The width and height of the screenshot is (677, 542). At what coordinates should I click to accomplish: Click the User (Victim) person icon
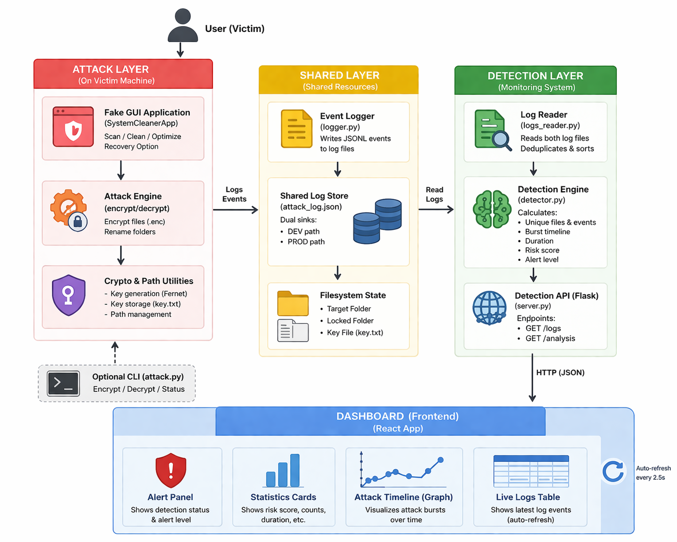pos(183,25)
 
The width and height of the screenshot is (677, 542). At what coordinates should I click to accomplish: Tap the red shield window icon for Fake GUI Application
pos(73,127)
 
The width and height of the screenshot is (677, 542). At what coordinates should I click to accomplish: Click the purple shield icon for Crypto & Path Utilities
pos(69,295)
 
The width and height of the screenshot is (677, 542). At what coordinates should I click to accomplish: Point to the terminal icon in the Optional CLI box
pos(63,384)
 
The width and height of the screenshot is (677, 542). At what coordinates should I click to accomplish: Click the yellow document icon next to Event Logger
pos(296,128)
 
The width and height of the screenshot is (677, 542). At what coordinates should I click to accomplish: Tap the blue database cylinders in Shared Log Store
pos(377,221)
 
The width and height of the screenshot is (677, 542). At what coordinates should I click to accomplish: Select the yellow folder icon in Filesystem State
pos(293,303)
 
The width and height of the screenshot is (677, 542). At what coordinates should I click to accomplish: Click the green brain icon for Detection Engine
pos(492,209)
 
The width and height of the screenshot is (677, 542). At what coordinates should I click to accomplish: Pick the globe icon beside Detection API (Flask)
pos(489,308)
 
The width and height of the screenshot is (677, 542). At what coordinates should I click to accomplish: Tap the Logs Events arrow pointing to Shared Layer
pos(235,210)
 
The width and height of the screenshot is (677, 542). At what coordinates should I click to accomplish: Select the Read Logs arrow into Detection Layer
pos(436,209)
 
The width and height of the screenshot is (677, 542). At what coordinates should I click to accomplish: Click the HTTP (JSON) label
pos(560,372)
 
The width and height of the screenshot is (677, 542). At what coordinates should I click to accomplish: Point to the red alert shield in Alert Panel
pos(170,470)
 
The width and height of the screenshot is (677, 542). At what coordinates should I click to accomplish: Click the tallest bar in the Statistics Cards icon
pos(295,470)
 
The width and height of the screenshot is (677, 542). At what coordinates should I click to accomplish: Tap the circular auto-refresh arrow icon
pos(613,471)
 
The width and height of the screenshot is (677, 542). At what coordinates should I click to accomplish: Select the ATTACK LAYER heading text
pos(111,69)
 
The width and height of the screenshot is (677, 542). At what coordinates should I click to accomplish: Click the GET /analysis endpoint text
pos(550,338)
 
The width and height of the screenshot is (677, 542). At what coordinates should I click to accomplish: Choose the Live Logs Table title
pos(528,497)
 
